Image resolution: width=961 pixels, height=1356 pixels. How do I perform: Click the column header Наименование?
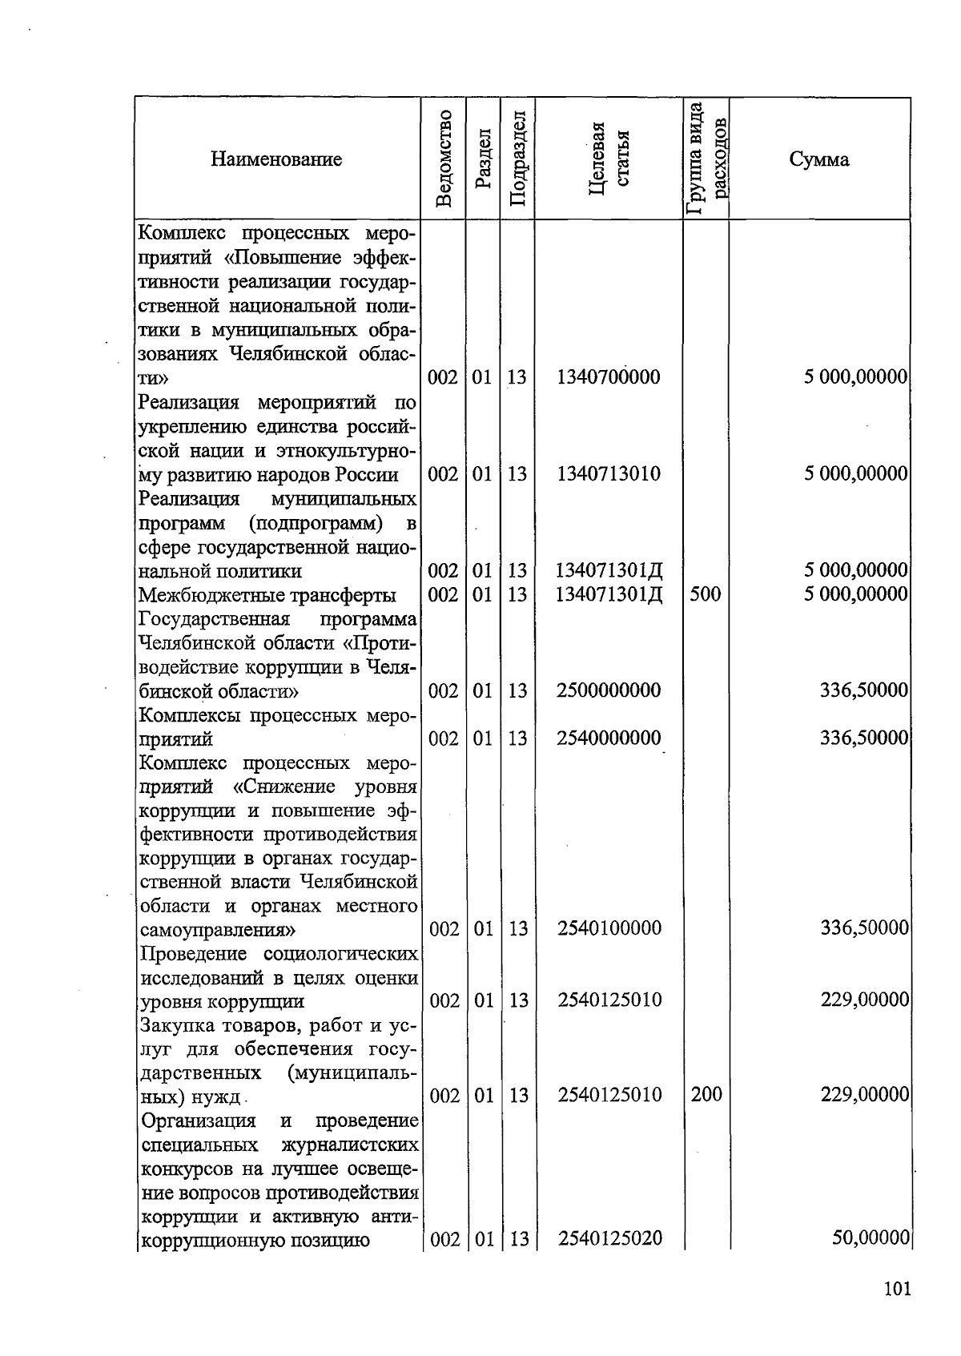276,159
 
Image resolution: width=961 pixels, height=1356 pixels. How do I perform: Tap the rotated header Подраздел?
517,159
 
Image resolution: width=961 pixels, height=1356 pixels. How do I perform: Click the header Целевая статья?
609,159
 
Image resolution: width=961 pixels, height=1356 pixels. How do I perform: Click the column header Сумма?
818,159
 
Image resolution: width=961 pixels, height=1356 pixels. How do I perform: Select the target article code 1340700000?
609,377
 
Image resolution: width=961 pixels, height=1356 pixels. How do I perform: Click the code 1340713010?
609,474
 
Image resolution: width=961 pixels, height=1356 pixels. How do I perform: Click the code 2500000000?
609,690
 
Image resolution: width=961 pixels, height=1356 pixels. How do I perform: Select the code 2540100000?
609,929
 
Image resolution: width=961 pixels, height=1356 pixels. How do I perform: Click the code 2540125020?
609,1239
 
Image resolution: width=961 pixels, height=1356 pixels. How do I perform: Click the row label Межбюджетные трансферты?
267,595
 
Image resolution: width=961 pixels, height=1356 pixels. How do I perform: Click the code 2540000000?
609,738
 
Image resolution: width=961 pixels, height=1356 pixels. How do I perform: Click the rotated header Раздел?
482,159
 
